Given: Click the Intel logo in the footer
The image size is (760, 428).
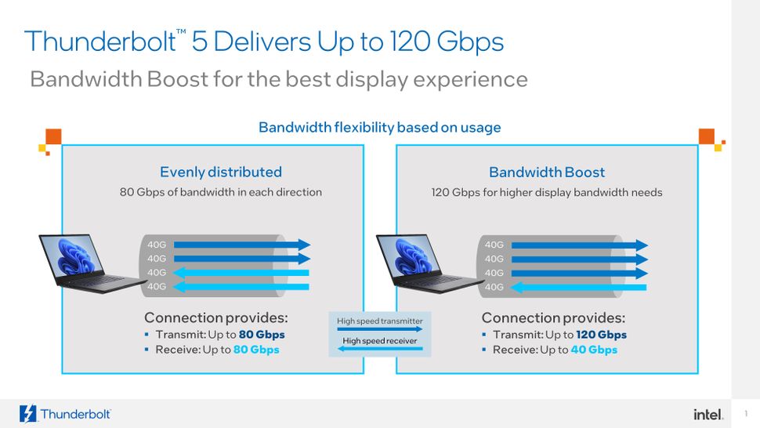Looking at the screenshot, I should click(x=708, y=414).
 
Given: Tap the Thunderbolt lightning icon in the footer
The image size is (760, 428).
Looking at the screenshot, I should click(x=28, y=414).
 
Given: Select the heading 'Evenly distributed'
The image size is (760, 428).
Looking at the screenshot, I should click(x=220, y=172).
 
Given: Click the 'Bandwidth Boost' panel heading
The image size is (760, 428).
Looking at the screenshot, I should click(x=547, y=172).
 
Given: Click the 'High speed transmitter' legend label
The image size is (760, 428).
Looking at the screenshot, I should click(x=379, y=321).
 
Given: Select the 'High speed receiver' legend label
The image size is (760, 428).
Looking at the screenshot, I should click(x=379, y=341).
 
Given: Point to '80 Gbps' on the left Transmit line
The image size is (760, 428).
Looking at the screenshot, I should click(x=262, y=335).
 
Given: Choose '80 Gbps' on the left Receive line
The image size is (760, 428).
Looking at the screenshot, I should click(x=256, y=350).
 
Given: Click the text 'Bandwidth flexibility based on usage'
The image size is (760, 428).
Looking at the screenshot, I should click(x=379, y=127).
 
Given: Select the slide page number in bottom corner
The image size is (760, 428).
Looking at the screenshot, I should click(x=746, y=414).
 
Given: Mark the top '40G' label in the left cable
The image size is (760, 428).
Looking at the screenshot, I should click(x=157, y=245).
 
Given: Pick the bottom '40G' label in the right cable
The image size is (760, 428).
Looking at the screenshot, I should click(x=494, y=287).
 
